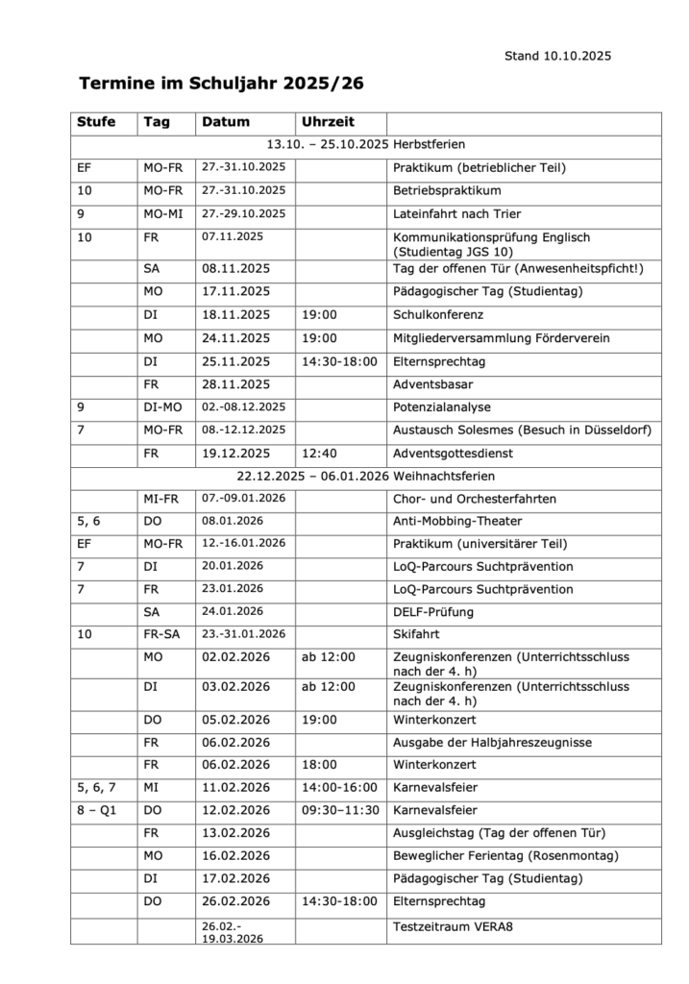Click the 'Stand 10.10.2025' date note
[557, 56]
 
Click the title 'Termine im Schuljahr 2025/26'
[221, 85]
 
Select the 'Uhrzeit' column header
[328, 122]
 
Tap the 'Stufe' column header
[96, 122]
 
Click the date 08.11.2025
[235, 267]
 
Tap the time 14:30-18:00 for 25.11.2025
[339, 361]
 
